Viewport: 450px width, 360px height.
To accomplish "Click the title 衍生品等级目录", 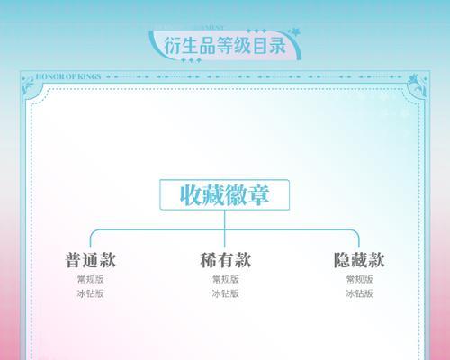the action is point(225,46).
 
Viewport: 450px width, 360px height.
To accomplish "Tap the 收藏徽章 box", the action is point(224,194).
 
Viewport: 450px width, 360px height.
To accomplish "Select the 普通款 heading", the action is point(91,260).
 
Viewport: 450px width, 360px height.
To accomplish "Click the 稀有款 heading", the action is point(225,260).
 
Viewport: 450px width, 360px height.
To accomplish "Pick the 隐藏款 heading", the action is point(359,260).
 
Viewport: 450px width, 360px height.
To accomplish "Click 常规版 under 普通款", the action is point(91,279).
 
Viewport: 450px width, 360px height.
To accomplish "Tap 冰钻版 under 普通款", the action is point(91,293).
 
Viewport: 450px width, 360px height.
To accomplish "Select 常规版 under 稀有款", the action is point(226,279).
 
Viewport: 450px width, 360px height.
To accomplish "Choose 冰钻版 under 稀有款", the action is point(226,293).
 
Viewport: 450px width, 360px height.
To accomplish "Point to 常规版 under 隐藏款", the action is point(359,279).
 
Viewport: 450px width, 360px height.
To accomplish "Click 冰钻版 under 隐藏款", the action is point(359,293).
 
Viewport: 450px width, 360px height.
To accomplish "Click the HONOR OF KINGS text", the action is point(68,76).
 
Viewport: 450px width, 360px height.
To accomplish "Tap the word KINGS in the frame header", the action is point(89,76).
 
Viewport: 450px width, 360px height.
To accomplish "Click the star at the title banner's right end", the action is point(294,31).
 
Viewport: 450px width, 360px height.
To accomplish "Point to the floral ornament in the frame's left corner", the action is point(29,85).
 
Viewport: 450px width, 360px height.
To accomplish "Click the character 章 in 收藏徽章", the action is point(258,195).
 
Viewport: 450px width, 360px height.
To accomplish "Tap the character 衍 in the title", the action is point(173,46).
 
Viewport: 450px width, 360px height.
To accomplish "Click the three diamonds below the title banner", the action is point(191,60).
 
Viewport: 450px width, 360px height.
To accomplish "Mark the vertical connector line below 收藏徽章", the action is point(225,229).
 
